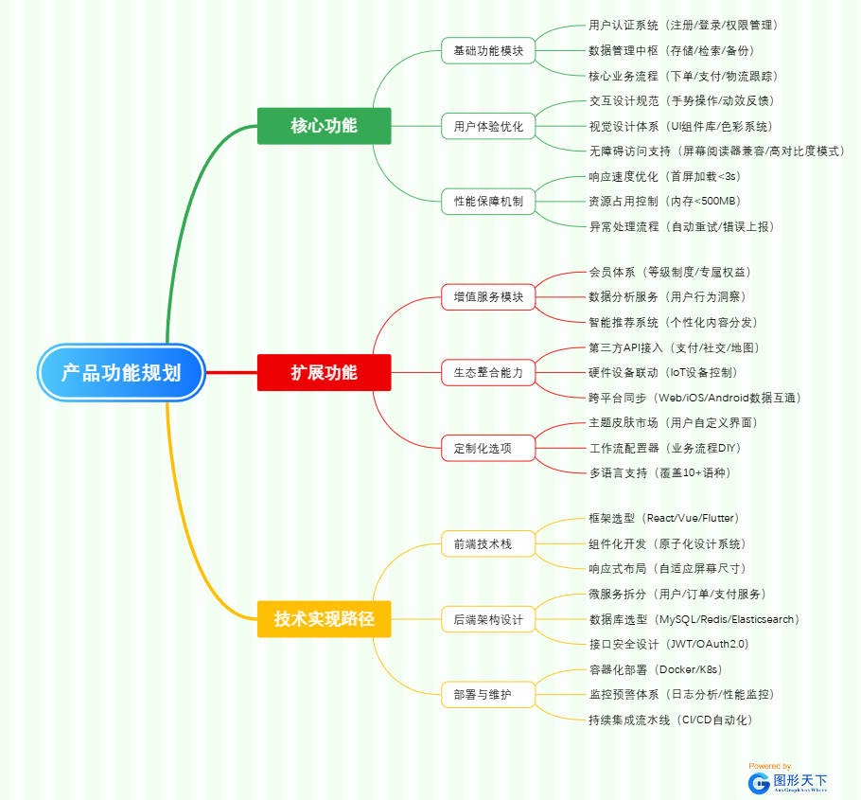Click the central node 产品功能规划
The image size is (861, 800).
(121, 372)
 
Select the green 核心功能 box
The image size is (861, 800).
(324, 125)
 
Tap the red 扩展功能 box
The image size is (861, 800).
(324, 372)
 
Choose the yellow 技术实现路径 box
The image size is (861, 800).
(324, 619)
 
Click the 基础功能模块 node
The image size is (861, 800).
(488, 50)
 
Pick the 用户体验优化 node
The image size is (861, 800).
(488, 126)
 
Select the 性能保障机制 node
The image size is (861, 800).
(488, 201)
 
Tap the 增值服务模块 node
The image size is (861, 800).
(488, 296)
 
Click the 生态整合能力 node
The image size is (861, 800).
(488, 372)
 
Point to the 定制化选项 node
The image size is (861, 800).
(488, 448)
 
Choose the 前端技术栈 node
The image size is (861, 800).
(488, 543)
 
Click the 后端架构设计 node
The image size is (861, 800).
(488, 619)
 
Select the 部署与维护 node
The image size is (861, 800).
(488, 695)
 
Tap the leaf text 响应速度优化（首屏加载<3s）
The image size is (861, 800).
(664, 176)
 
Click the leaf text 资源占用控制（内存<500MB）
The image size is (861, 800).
(664, 201)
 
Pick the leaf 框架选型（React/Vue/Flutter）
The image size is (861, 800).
(663, 519)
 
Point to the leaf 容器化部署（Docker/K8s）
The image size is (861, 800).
(655, 669)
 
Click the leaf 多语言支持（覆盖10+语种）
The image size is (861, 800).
(659, 472)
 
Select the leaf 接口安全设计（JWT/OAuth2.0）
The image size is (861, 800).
(668, 644)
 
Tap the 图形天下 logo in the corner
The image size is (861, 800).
(787, 781)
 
